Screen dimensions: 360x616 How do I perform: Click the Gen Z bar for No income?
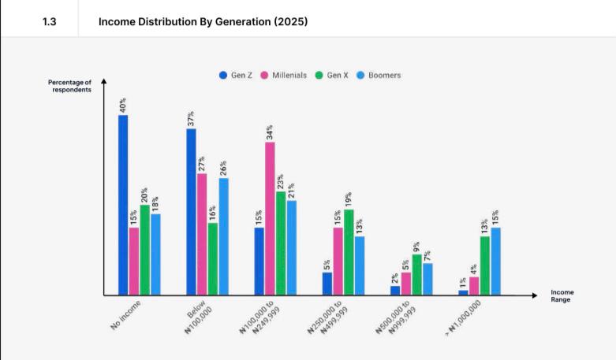[x=123, y=206]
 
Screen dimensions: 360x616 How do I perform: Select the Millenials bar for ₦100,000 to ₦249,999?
[x=270, y=219]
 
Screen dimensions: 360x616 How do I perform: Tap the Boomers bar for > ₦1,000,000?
[x=495, y=262]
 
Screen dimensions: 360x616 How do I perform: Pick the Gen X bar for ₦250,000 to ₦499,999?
[x=349, y=252]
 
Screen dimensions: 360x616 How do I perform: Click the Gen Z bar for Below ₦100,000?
[x=191, y=212]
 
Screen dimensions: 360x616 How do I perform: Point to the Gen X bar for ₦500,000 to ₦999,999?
[x=416, y=275]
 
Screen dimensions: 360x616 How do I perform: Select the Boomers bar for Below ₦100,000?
[x=224, y=236]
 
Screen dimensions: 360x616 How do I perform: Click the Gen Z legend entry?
[x=236, y=75]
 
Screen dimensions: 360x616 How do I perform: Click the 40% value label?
[x=123, y=106]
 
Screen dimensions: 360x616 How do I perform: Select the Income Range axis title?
[x=562, y=295]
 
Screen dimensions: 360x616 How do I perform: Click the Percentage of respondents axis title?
[x=69, y=86]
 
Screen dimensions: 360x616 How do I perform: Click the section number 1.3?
[x=49, y=21]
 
